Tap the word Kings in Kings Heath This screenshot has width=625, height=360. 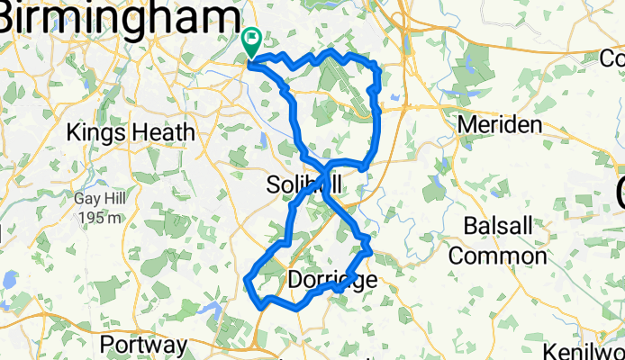(x=97, y=133)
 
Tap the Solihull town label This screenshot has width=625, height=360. (x=304, y=185)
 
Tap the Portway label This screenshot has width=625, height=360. (x=143, y=345)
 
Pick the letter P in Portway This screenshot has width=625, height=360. (x=108, y=345)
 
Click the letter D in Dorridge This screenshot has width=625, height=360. (x=295, y=280)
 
